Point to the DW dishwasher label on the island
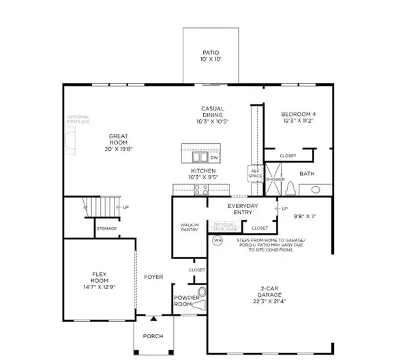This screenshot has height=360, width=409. (214, 156)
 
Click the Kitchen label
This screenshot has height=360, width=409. (203, 170)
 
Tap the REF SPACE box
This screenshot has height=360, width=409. (254, 174)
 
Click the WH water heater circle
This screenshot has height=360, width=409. (218, 241)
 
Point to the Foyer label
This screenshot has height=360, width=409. (153, 277)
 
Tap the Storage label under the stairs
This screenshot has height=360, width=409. (106, 228)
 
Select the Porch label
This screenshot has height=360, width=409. (152, 337)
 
